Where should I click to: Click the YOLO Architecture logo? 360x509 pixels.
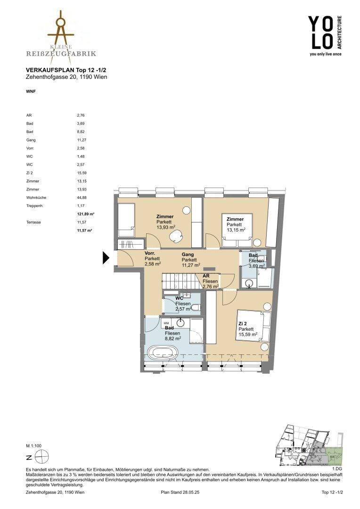325,36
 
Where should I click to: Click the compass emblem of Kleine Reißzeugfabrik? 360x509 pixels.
61,28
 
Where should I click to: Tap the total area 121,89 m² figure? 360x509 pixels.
83,214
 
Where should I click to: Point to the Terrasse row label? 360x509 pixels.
34,222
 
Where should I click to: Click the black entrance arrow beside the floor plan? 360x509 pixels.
106,258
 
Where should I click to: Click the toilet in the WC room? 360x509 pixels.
196,308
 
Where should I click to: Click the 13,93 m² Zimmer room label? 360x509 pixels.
165,222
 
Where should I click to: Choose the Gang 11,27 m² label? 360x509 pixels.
190,260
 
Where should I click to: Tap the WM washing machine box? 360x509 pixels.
166,323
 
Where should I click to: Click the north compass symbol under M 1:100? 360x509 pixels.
43,458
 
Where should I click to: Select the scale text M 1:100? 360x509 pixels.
34,446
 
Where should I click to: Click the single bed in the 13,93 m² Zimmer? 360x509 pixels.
126,221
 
